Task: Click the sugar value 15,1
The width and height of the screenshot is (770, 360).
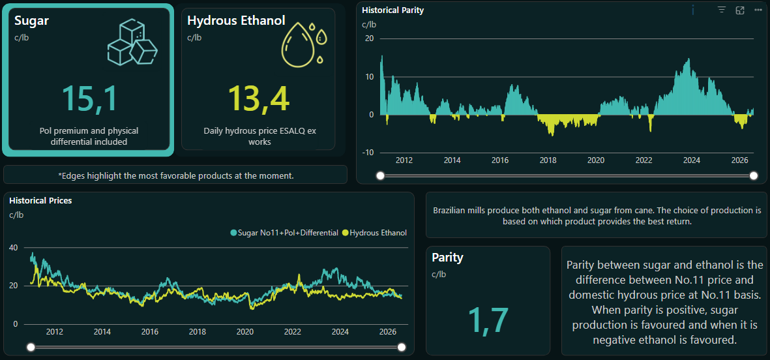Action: click(x=89, y=98)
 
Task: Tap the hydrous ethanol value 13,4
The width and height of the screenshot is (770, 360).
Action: click(x=259, y=98)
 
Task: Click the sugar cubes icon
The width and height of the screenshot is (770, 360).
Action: click(x=132, y=42)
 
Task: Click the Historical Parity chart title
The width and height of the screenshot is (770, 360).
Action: click(x=393, y=10)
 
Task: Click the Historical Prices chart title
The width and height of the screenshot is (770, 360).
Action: click(x=41, y=200)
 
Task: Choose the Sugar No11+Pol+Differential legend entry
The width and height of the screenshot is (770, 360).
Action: click(x=285, y=232)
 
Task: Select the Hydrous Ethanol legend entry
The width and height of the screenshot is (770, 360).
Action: click(x=375, y=232)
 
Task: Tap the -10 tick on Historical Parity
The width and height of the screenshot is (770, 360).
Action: click(x=368, y=153)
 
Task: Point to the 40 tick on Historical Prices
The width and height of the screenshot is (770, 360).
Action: click(x=14, y=248)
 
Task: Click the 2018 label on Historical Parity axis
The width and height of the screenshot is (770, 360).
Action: click(x=548, y=160)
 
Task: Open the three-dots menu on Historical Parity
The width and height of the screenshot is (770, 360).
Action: click(x=758, y=10)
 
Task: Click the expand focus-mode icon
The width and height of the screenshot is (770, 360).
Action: click(x=740, y=10)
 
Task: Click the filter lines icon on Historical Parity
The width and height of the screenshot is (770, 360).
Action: click(x=721, y=10)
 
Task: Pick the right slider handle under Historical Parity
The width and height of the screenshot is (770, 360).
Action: click(x=754, y=176)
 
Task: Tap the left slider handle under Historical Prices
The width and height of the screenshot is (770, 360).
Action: click(x=31, y=348)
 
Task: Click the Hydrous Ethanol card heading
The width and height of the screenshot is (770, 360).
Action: click(x=236, y=20)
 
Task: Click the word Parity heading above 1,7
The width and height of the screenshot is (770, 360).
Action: click(x=447, y=258)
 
